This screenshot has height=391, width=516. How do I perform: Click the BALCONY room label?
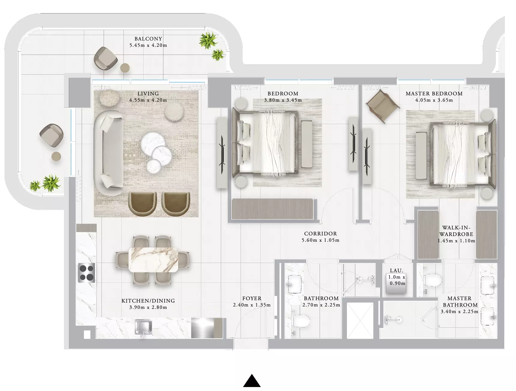pos(148,39)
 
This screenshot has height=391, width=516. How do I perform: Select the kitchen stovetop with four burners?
pos(87,272)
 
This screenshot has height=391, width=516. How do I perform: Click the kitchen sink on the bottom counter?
pos(143,327)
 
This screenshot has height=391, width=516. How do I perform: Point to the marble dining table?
pos(153,260)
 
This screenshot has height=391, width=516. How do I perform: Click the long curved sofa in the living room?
pos(108,149)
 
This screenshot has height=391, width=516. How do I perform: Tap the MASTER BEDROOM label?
pos(434,94)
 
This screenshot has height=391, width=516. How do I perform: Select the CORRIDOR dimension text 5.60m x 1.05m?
pos(320,240)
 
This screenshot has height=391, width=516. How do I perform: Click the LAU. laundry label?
pos(396,270)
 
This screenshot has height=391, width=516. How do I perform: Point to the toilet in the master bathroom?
pos(433,280)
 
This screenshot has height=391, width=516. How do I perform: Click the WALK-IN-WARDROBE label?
pos(456,231)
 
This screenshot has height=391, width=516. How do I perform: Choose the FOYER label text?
pos(252,298)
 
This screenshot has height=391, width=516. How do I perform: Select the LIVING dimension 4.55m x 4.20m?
pos(148,100)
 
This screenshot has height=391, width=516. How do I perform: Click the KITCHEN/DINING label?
pos(148,301)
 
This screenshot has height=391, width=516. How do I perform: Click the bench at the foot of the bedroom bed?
pos(307,144)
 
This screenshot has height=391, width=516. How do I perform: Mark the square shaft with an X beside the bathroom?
pos(360,320)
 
